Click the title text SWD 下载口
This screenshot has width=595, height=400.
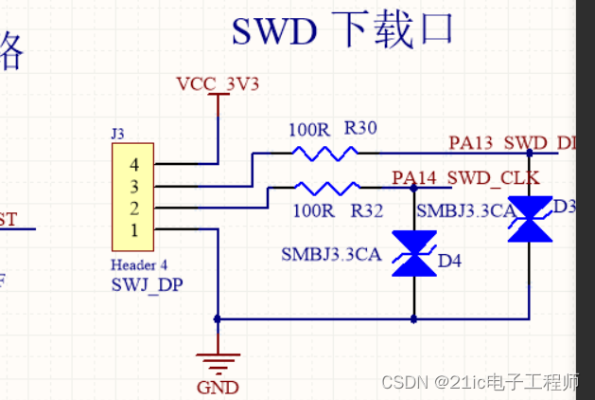pos(342,30)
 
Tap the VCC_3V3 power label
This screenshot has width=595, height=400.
pos(218,84)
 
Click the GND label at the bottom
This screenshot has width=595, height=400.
pos(218,387)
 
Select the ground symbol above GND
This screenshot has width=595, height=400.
pos(218,361)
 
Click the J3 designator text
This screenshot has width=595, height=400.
pos(118,136)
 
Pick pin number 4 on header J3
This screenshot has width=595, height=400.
pos(133,164)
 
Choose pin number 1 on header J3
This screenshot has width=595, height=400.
pos(133,229)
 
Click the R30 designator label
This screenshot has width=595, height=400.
pos(361,128)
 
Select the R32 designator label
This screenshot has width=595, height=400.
pos(366,210)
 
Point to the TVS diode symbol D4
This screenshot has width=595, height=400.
pos(414,254)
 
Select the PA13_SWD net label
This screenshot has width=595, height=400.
pos(511,143)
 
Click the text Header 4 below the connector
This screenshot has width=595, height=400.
pos(140,264)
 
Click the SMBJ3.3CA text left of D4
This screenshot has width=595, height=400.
pos(331,254)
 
